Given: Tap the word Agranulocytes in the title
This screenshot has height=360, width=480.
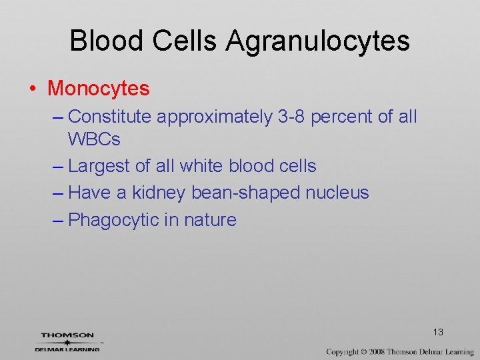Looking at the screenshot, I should pyautogui.click(x=317, y=42).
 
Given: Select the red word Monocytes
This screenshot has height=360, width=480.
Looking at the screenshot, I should pyautogui.click(x=99, y=88).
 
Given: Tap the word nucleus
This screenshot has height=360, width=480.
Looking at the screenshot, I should pyautogui.click(x=338, y=193).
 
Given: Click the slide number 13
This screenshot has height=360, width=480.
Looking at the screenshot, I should pyautogui.click(x=438, y=332).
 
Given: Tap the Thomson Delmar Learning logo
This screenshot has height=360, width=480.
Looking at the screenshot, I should pyautogui.click(x=67, y=341).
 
